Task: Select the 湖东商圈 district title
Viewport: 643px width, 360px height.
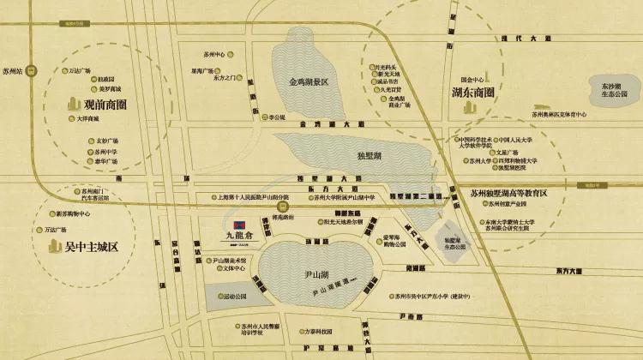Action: click(x=470, y=92)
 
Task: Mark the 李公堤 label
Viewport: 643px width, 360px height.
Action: click(x=276, y=117)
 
